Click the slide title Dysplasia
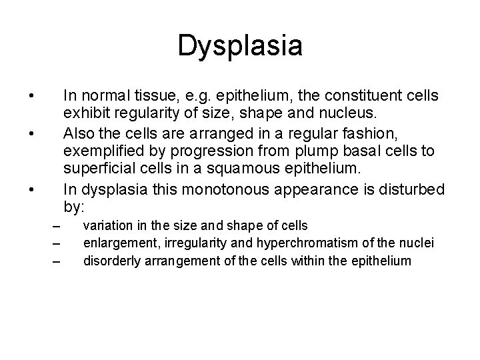pyautogui.click(x=240, y=46)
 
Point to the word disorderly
pyautogui.click(x=109, y=259)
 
